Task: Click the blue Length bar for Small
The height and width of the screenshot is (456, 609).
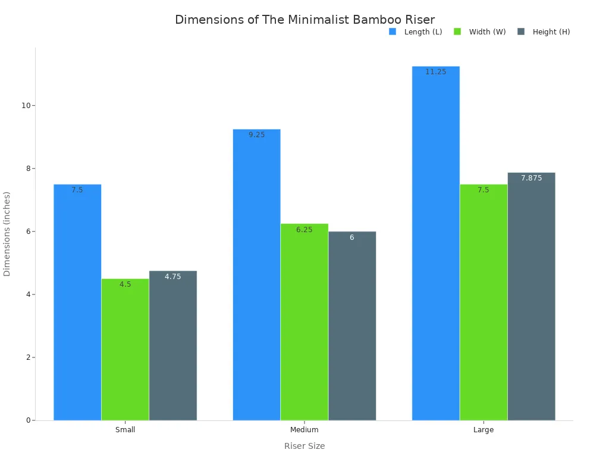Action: tap(77, 303)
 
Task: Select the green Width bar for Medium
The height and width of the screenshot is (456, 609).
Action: tap(304, 324)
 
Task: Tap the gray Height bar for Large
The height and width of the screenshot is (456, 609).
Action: tap(531, 297)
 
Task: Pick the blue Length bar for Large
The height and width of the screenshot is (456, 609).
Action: tap(435, 243)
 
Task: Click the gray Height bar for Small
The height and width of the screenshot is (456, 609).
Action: tap(172, 347)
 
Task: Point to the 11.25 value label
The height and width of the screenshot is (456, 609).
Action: tap(435, 72)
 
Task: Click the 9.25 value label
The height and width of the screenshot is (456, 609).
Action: tap(256, 135)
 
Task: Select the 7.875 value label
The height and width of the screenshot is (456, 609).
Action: tap(531, 178)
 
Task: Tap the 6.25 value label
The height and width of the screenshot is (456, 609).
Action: tap(304, 230)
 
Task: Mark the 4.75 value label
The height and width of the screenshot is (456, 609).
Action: tap(172, 277)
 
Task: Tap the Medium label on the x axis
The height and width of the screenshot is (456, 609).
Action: tap(304, 430)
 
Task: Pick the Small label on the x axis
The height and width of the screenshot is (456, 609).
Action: tap(125, 430)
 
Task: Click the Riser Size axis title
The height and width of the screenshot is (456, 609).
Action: tap(304, 446)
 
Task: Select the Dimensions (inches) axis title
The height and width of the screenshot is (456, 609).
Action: tap(7, 233)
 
